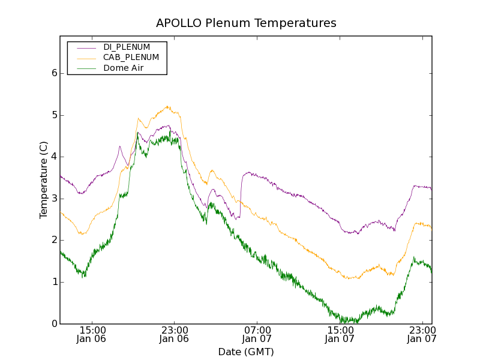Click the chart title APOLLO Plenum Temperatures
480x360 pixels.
pyautogui.click(x=246, y=23)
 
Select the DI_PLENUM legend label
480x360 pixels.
pyautogui.click(x=127, y=47)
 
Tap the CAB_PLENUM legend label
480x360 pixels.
pyautogui.click(x=131, y=58)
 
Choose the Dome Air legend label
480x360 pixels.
pyautogui.click(x=123, y=68)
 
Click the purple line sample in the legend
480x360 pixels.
pyautogui.click(x=85, y=47)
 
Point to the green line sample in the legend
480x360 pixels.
pyautogui.click(x=85, y=68)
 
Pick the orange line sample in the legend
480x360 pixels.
pyautogui.click(x=85, y=58)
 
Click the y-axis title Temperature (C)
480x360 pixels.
pyautogui.click(x=44, y=180)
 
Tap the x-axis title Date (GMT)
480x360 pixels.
pyautogui.click(x=246, y=352)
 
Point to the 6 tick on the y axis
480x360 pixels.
pyautogui.click(x=54, y=73)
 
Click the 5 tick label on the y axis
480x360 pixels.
pyautogui.click(x=54, y=115)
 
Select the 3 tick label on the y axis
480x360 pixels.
pyautogui.click(x=54, y=199)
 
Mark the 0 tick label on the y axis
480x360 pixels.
pyautogui.click(x=54, y=324)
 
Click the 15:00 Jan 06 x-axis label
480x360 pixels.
pyautogui.click(x=92, y=334)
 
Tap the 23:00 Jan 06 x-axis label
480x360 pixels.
pyautogui.click(x=174, y=334)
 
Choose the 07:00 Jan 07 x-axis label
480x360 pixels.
pyautogui.click(x=257, y=334)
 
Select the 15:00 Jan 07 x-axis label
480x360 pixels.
pyautogui.click(x=340, y=334)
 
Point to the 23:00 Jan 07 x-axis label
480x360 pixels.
pyautogui.click(x=422, y=334)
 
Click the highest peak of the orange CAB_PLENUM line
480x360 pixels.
pyautogui.click(x=168, y=106)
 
